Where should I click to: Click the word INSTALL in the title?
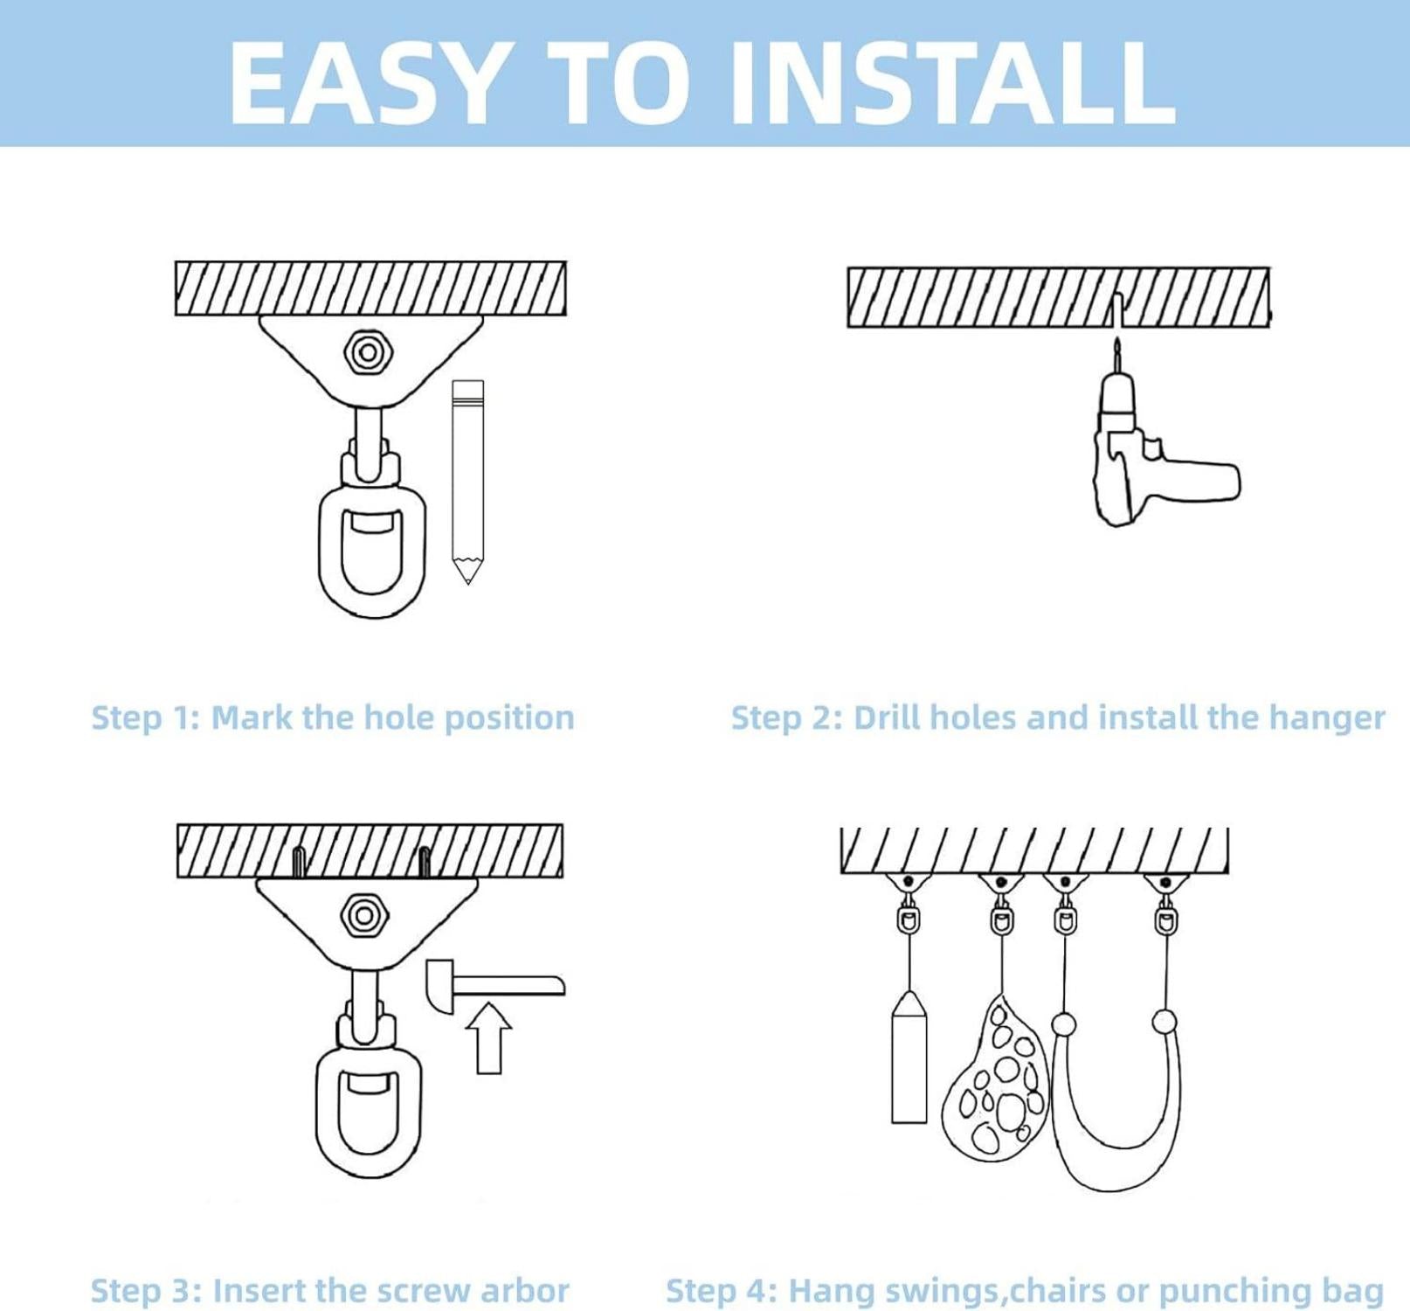tap(951, 82)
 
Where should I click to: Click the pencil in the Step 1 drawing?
tap(468, 482)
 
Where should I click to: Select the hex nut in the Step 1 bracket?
tap(368, 353)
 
